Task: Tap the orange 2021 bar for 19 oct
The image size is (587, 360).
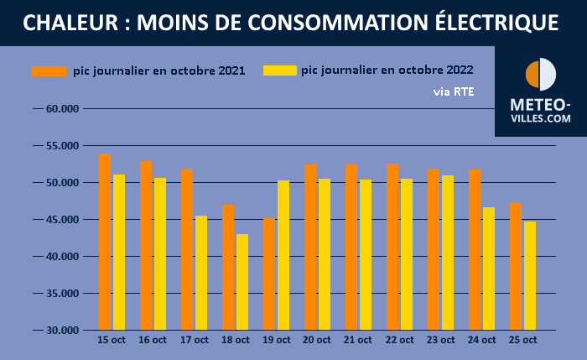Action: coord(269,274)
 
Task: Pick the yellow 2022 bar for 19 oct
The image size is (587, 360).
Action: coord(283,255)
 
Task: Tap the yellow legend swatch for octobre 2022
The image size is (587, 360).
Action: coord(279,71)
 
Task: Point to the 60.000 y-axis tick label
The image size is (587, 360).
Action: coord(62,109)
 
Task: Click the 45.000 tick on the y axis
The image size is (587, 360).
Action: coord(62,220)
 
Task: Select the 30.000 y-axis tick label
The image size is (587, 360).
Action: coord(62,331)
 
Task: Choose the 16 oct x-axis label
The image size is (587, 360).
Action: coord(153,341)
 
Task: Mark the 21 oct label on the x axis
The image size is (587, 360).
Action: coord(358,341)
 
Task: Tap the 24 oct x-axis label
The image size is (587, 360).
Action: coord(481,341)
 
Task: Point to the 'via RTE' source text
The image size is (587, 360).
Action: coord(453,91)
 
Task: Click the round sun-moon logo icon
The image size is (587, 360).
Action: coord(541,76)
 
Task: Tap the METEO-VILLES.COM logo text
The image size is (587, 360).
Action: coord(541,112)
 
